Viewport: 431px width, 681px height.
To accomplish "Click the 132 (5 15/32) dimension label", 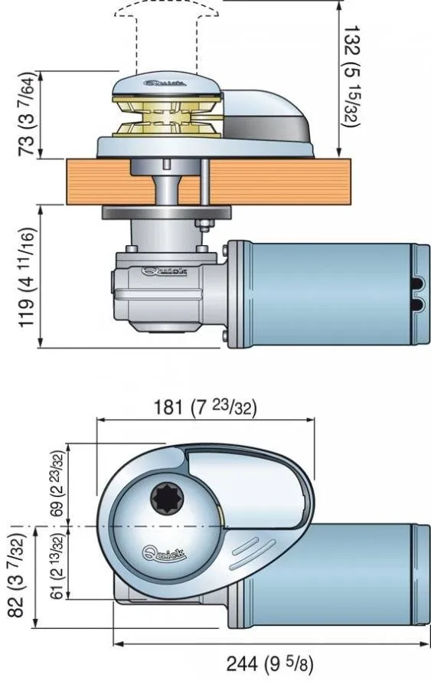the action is pos(351,77).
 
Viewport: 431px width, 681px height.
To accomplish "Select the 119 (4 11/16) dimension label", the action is pos(27,277).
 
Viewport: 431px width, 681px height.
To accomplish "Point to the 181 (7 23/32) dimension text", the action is pos(205,408).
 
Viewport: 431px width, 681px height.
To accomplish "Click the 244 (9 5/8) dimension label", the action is pos(269,663).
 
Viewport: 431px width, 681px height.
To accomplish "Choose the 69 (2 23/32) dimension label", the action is pos(57,483).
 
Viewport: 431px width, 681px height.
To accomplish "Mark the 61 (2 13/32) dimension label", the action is pos(57,565).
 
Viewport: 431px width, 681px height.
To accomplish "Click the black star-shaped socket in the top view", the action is pos(167,498).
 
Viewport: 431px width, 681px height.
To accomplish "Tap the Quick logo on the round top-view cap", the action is pos(165,553).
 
